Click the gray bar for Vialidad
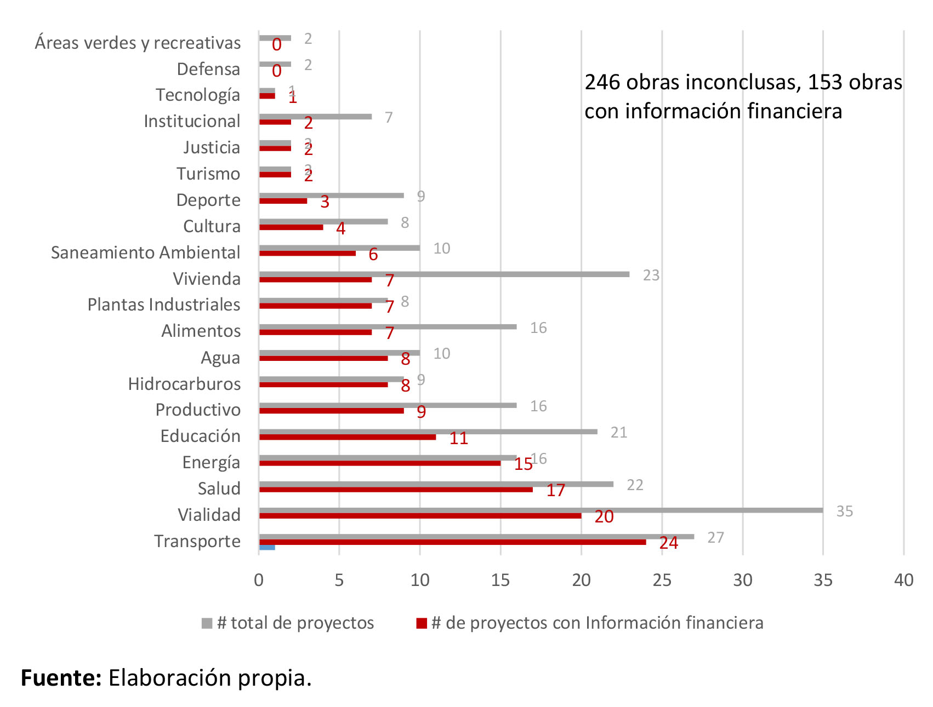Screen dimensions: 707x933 click(x=541, y=510)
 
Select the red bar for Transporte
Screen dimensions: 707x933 click(x=452, y=542)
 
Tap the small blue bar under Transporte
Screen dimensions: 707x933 click(x=267, y=547)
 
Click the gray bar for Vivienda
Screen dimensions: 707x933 click(x=444, y=274)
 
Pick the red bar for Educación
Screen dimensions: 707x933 click(x=348, y=437)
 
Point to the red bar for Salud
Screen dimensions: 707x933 click(x=396, y=490)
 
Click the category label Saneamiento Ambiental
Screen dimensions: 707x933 click(x=145, y=252)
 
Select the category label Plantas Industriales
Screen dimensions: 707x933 click(x=163, y=304)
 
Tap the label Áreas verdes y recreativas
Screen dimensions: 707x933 click(x=138, y=43)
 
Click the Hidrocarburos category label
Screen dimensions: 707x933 click(x=184, y=384)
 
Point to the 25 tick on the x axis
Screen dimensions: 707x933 click(x=662, y=580)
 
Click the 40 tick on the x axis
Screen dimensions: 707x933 click(x=903, y=580)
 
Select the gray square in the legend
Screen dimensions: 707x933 click(x=207, y=623)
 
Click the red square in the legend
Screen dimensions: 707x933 click(x=422, y=623)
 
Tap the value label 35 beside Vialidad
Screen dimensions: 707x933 click(x=844, y=511)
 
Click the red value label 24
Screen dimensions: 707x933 click(x=668, y=543)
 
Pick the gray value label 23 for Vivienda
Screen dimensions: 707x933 click(x=651, y=275)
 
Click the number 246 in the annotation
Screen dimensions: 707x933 click(x=602, y=82)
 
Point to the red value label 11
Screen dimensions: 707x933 click(x=458, y=438)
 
